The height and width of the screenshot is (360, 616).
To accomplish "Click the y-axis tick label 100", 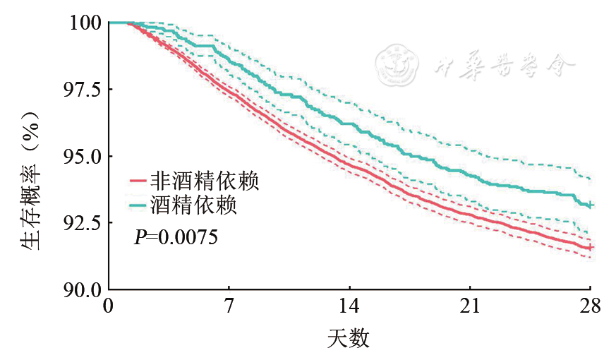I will click(x=84, y=23).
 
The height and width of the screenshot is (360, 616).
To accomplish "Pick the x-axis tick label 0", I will click(x=108, y=306).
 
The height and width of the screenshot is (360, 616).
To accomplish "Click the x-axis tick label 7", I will click(x=229, y=306).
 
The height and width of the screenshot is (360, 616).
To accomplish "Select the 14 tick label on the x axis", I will click(x=349, y=306).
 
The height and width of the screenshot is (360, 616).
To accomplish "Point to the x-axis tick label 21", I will click(x=470, y=306).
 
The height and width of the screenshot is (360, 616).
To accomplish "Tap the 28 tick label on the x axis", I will click(x=590, y=306).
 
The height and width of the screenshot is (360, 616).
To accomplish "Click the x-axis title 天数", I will click(x=349, y=339).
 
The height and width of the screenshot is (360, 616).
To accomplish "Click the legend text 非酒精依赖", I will click(x=205, y=182).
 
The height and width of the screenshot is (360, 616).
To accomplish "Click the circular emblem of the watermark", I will click(x=398, y=64).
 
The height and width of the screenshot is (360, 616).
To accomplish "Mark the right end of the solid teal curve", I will click(x=590, y=205).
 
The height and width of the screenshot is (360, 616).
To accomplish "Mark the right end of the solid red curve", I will click(x=590, y=248).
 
